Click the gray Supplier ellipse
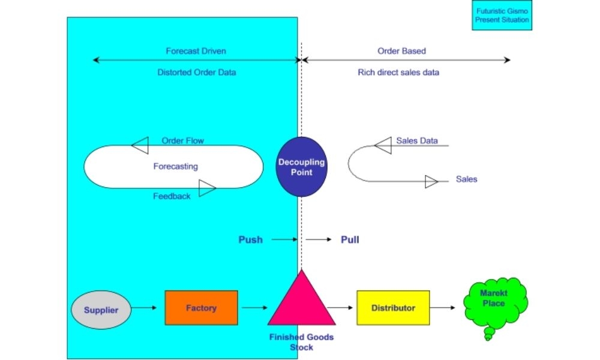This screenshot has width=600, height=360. (x=101, y=310)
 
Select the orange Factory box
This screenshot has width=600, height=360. (x=201, y=308)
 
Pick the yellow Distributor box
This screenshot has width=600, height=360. (x=393, y=308)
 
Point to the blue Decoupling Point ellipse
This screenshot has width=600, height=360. (x=302, y=167)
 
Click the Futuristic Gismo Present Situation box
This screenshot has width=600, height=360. (x=502, y=16)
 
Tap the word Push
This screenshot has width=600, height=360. (x=250, y=239)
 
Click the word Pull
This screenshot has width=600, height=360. (x=350, y=239)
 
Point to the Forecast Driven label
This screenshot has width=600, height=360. (x=196, y=51)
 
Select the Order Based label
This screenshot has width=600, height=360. (x=401, y=51)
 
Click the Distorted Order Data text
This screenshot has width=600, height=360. (x=197, y=72)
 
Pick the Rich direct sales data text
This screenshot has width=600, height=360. (x=398, y=72)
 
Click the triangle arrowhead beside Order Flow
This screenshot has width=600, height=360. (x=140, y=145)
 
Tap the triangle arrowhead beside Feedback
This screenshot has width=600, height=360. (x=207, y=188)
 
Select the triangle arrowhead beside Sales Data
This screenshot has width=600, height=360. (x=383, y=145)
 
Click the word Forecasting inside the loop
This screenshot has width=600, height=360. (x=175, y=167)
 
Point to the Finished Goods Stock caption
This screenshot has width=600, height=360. (x=301, y=342)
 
